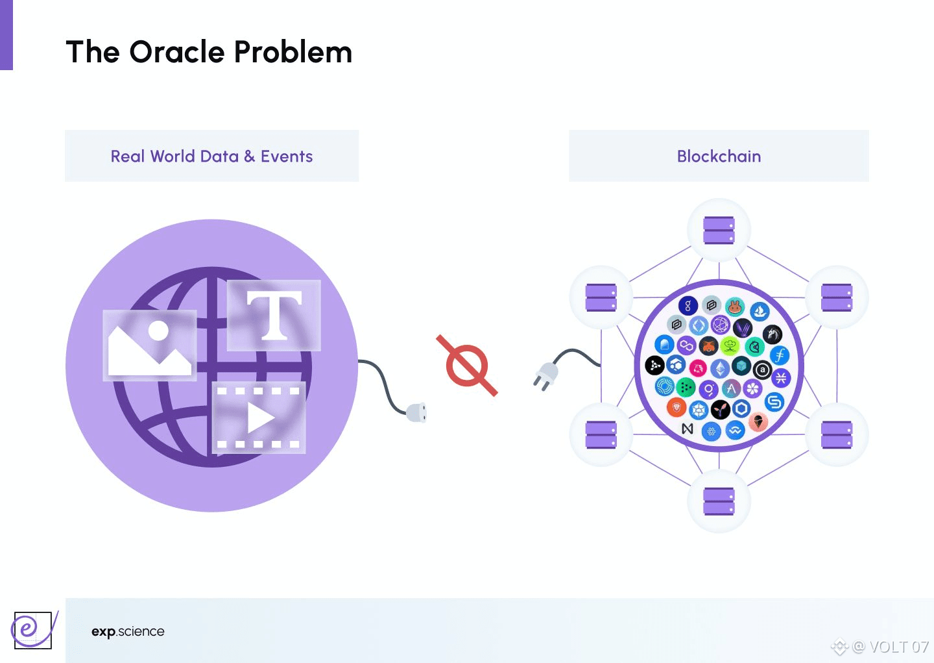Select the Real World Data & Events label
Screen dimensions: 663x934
[x=211, y=156]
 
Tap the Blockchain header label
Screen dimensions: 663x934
[x=719, y=156]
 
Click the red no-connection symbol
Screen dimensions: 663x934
[x=467, y=366]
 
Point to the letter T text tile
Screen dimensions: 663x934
[x=274, y=316]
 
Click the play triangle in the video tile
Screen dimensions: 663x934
[x=260, y=418]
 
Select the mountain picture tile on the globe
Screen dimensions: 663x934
[x=150, y=345]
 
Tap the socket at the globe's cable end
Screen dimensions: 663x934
[x=416, y=412]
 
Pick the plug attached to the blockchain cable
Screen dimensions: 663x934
[x=545, y=375]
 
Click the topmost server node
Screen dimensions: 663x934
[x=719, y=230]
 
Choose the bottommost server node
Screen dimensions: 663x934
[x=719, y=501]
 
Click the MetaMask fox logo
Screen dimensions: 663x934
[x=709, y=345]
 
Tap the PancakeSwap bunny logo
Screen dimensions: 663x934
[x=735, y=306]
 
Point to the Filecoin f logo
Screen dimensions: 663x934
[x=780, y=355]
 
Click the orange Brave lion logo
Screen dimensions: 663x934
[x=676, y=408]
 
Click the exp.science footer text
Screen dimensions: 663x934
[x=128, y=632]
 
